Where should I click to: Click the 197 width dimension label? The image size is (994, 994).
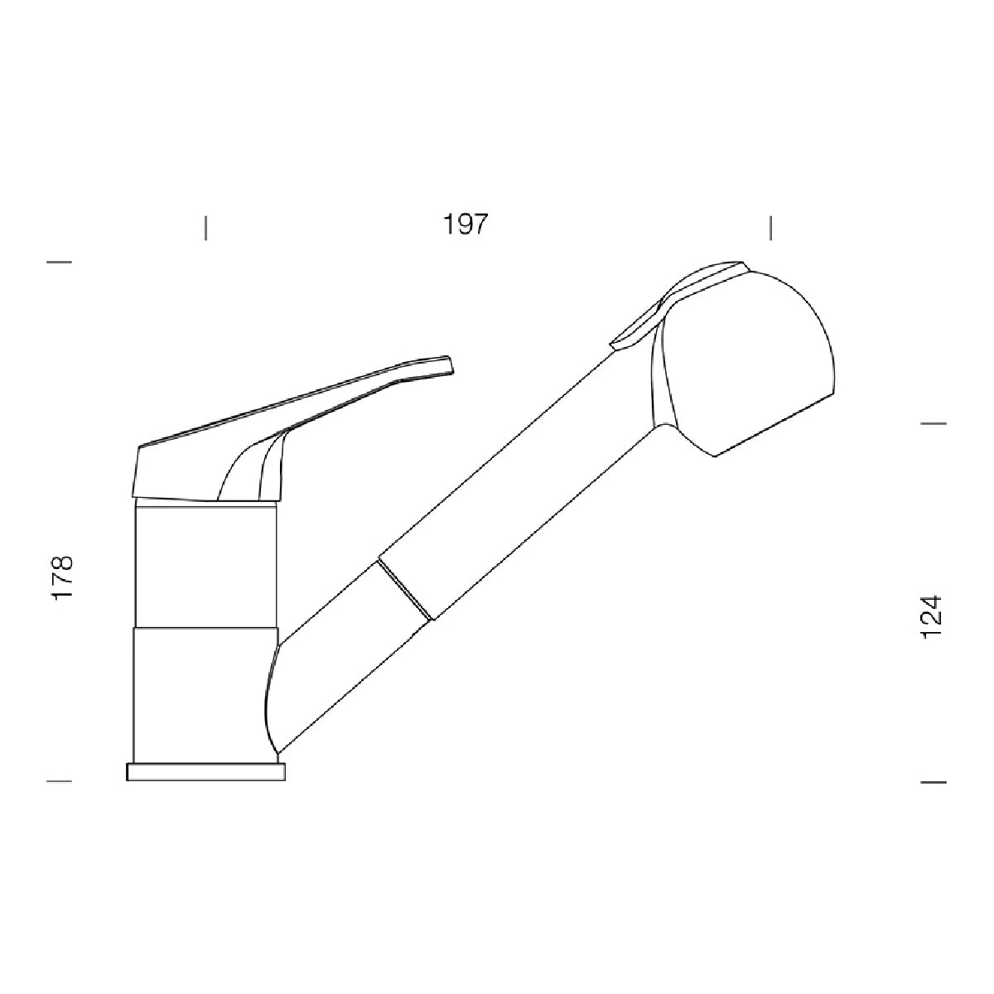[465, 224]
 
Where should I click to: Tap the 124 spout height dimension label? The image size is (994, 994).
[932, 617]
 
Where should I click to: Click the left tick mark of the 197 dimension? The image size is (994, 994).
[205, 228]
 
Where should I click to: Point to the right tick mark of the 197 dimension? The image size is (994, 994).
[770, 228]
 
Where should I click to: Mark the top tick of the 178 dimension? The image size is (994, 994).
[59, 262]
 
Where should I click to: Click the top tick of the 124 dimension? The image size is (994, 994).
[934, 423]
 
